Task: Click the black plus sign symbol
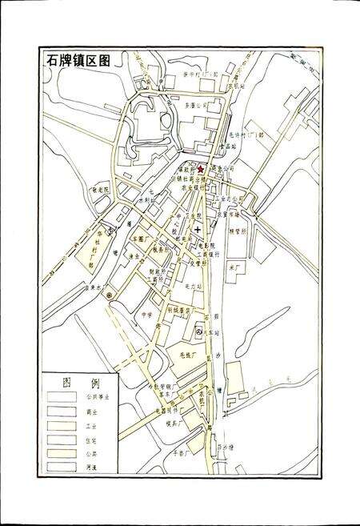198,230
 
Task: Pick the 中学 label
146,315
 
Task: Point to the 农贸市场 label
230,215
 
